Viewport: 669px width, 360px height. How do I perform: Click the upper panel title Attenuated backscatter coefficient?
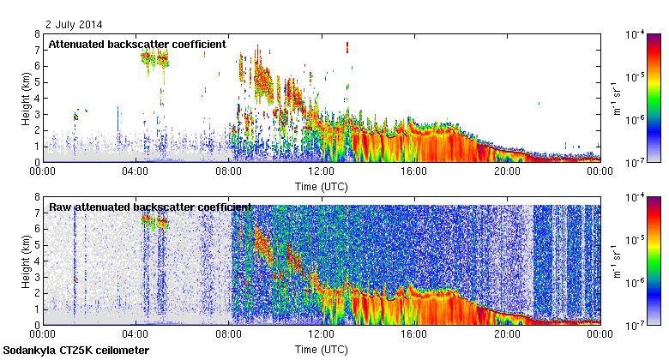tap(137, 44)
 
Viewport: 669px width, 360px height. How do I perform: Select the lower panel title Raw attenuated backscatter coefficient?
tap(150, 207)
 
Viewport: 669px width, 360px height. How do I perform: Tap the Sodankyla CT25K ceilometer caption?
tap(76, 351)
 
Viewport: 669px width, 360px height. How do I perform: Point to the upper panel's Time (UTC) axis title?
tap(321, 186)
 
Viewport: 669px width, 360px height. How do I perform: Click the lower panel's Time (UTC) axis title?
tap(321, 350)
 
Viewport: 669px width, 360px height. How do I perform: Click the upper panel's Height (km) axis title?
tap(27, 98)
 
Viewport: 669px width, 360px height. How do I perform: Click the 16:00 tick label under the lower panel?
tap(413, 334)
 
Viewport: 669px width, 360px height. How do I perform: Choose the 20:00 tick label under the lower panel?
tap(506, 334)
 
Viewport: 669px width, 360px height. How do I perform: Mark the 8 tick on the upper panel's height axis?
tap(37, 34)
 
